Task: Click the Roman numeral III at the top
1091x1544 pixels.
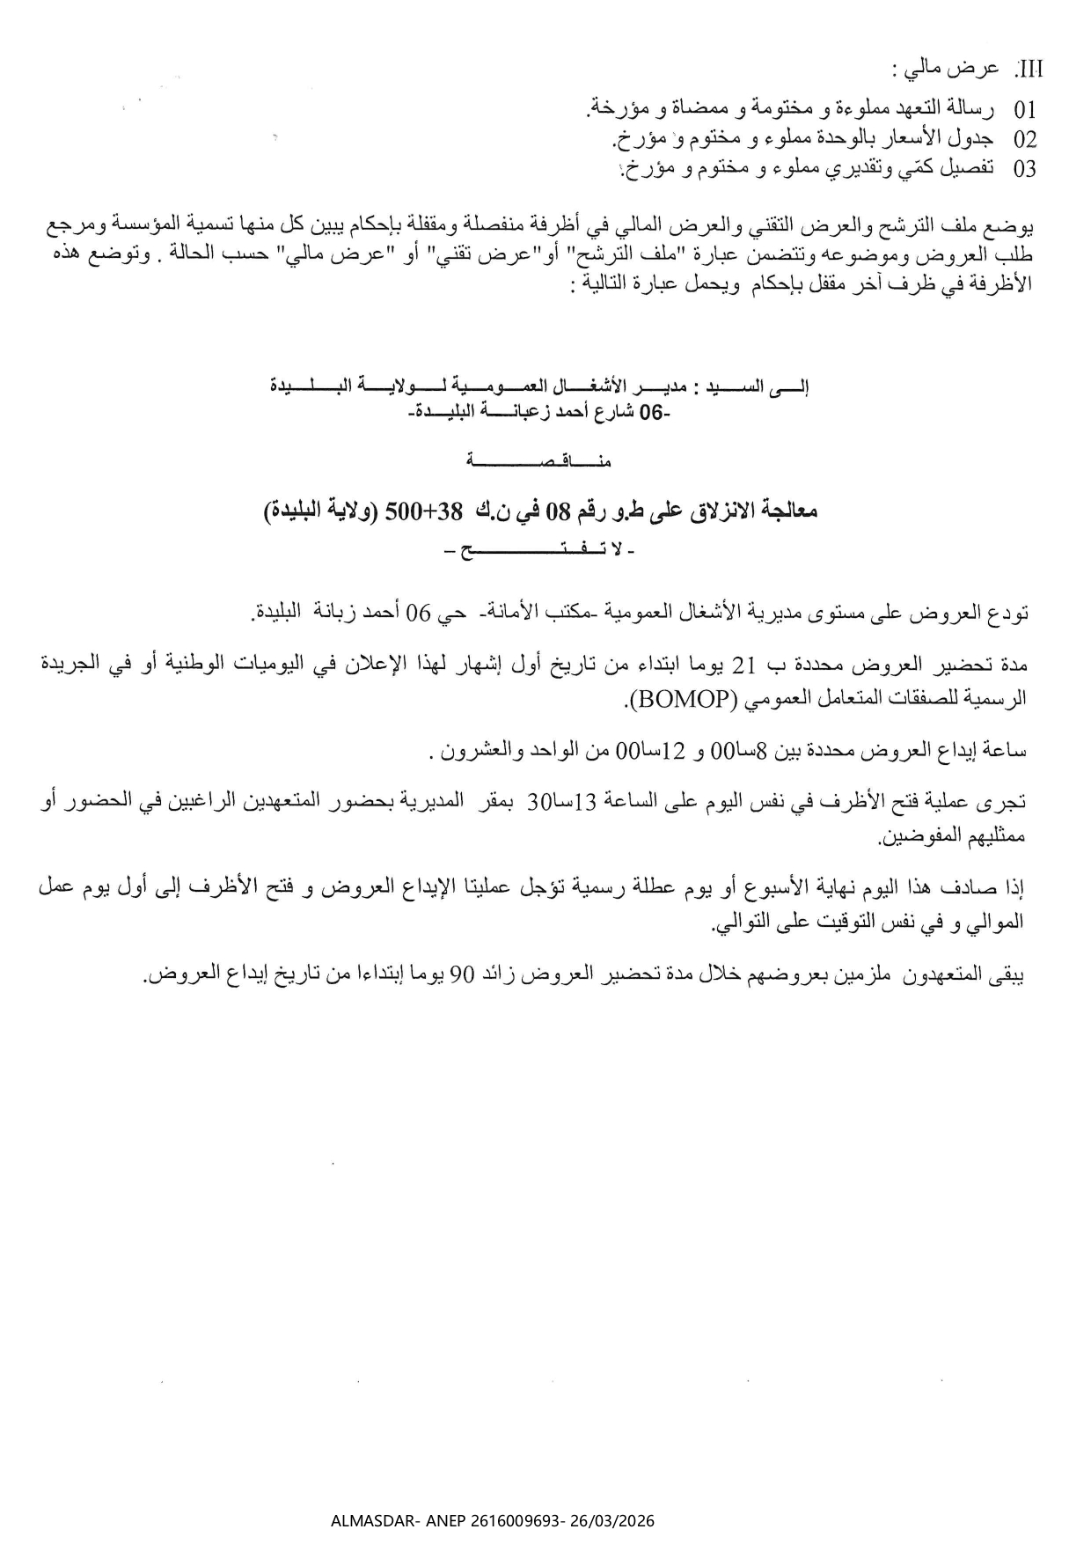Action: click(1029, 70)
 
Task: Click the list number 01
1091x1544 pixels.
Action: click(1025, 110)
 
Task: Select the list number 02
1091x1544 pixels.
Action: click(1025, 139)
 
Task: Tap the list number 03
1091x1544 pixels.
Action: click(1025, 169)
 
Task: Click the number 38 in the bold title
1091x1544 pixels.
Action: click(450, 511)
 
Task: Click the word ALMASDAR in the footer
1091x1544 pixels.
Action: click(365, 1521)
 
